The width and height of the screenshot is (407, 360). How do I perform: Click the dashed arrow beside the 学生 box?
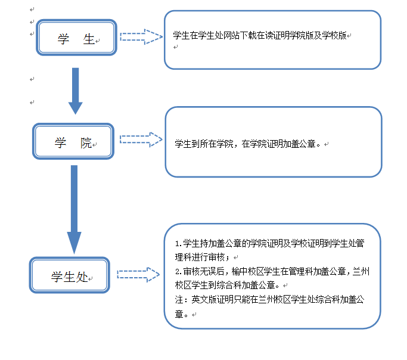[x=141, y=37]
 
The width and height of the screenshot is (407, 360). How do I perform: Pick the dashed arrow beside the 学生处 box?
[x=138, y=274]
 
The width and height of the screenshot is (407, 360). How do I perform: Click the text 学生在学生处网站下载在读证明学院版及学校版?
[x=259, y=36]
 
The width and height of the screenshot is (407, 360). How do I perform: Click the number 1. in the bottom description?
[x=178, y=244]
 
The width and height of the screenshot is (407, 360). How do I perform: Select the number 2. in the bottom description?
[x=178, y=271]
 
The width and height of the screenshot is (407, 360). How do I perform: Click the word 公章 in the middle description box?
[x=310, y=144]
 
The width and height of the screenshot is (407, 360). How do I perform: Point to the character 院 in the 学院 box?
[x=86, y=143]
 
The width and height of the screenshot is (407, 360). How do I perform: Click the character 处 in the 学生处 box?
[x=83, y=277]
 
